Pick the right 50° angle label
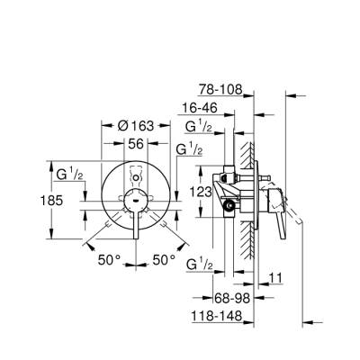point(163,259)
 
